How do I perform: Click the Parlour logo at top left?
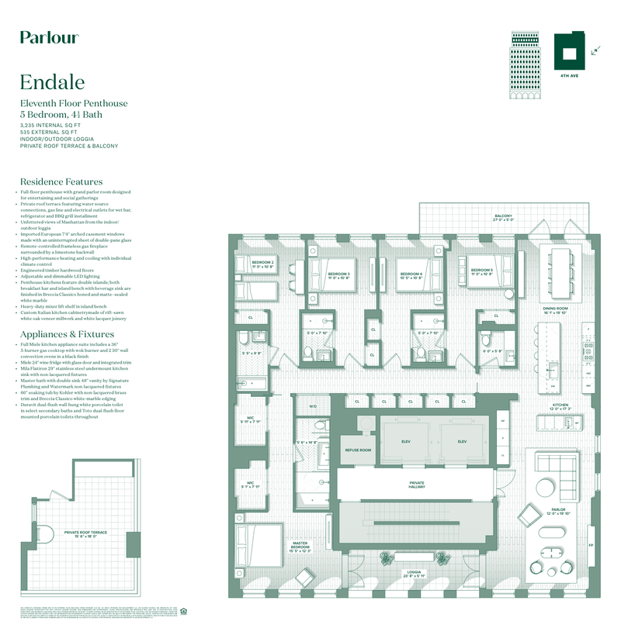(49, 37)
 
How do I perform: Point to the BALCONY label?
(504, 216)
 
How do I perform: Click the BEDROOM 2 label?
(262, 264)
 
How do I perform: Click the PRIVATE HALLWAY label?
(417, 485)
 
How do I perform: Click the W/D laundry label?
(314, 405)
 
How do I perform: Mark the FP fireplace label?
(590, 545)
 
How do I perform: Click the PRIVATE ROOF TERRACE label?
(85, 533)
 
